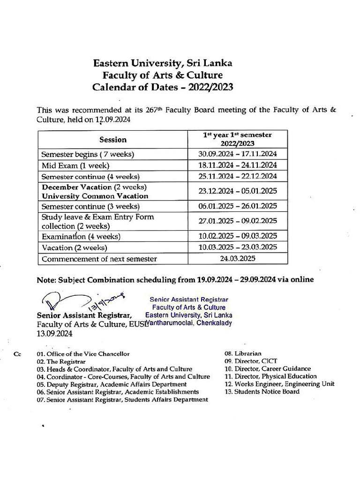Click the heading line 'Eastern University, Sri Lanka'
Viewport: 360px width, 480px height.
pos(162,63)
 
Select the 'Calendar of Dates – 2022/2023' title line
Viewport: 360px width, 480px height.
pos(162,87)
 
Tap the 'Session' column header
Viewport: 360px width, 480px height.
pos(112,140)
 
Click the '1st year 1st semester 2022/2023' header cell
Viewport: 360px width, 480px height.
pos(237,139)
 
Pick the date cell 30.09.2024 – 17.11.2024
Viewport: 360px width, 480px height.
pos(237,154)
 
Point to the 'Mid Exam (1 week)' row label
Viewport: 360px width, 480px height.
pos(75,165)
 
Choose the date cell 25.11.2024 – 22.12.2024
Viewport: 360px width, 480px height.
pos(237,176)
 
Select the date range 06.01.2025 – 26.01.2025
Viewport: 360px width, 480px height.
pos(237,206)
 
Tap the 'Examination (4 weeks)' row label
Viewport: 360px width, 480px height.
pos(81,236)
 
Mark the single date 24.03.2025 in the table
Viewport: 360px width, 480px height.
pos(237,258)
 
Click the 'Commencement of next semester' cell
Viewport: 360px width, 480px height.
pos(99,259)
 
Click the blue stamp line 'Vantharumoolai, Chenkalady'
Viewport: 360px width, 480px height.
pos(188,323)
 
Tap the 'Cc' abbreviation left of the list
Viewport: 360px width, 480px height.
pos(17,354)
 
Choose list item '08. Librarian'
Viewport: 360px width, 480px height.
pos(243,353)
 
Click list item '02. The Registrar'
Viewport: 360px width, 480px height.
pos(61,362)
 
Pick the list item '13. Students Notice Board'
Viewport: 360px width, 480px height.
pos(262,391)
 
